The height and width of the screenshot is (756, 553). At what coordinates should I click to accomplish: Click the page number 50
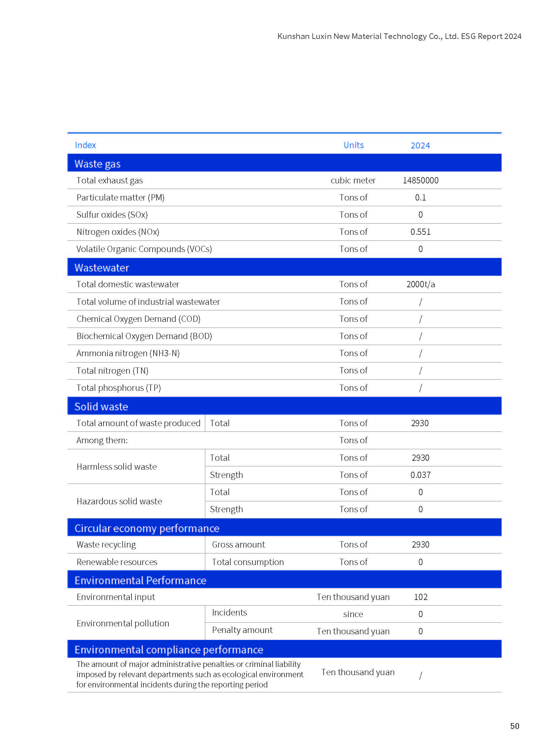tap(514, 726)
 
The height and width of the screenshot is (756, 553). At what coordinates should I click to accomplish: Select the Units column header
tap(353, 145)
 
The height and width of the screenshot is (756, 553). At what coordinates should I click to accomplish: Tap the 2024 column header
tap(420, 145)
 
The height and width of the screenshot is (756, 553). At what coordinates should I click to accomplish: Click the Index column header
tap(85, 145)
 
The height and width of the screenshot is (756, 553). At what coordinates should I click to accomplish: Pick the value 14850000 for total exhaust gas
tap(420, 180)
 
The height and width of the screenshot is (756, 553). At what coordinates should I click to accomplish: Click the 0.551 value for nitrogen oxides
tap(420, 232)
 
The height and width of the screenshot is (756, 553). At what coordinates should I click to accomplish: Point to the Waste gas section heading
tap(98, 164)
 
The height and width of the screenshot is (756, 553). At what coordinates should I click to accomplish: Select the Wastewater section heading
tap(102, 268)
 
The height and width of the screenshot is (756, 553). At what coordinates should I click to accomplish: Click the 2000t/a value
tap(421, 284)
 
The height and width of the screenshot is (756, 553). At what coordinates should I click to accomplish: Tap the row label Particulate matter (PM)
tap(121, 198)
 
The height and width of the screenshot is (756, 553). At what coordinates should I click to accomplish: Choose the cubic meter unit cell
tap(353, 180)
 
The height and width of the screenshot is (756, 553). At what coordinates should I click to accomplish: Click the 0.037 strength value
tap(420, 475)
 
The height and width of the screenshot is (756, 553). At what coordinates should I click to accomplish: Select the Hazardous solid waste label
tap(119, 501)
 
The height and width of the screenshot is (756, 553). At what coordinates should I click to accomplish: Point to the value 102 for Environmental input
tap(421, 597)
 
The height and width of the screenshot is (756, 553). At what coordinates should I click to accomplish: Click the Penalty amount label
tap(242, 630)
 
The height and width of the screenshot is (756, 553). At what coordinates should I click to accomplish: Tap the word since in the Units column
tap(353, 614)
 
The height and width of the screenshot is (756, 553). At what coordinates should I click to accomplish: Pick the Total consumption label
tap(248, 562)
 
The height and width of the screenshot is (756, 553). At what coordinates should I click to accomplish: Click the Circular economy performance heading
tap(147, 528)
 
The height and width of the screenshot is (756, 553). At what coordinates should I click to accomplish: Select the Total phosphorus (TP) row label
tap(119, 388)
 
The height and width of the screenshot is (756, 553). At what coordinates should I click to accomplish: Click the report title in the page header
tap(399, 36)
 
